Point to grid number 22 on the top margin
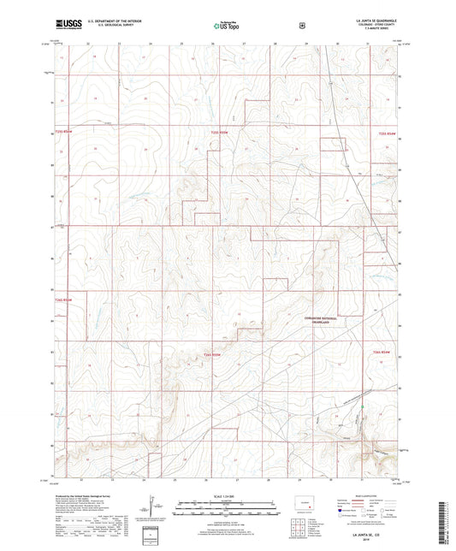88,42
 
